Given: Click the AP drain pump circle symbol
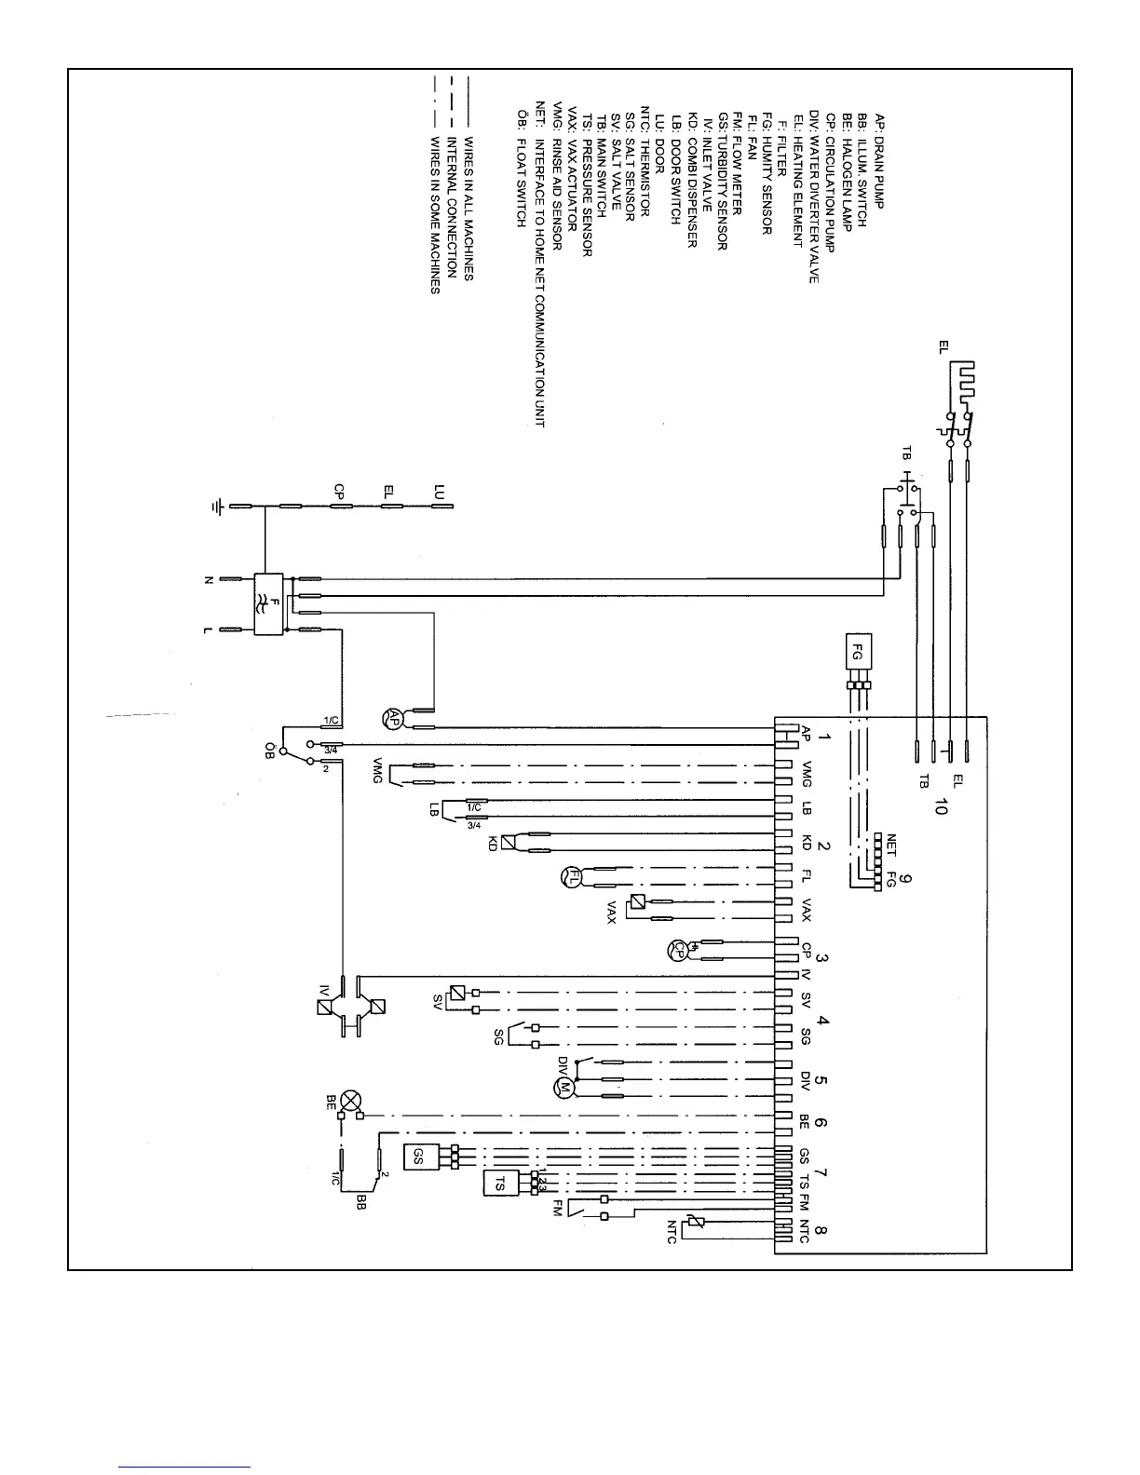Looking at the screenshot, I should click(x=392, y=719).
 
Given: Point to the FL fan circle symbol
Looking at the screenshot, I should click(x=570, y=876).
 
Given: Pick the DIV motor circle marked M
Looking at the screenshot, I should click(x=563, y=1086).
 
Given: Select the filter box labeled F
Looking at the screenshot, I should click(x=268, y=604).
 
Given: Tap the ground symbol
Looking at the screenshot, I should click(x=217, y=507).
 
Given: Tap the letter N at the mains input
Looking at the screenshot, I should click(x=208, y=579).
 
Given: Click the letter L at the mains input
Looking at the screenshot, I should click(x=208, y=630).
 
